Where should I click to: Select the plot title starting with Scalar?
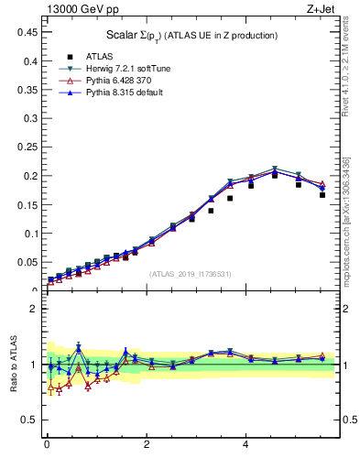tap(191, 35)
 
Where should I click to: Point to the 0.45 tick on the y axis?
tap(27, 32)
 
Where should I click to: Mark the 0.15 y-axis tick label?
tap(27, 204)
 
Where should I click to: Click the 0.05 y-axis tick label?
tap(27, 262)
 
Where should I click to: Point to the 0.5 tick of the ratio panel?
tap(31, 420)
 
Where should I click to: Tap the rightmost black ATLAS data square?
tap(322, 195)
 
